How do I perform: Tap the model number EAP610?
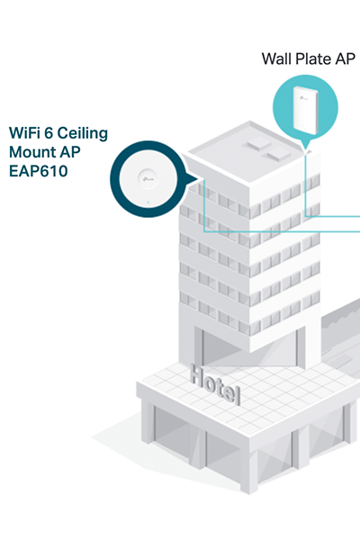38,171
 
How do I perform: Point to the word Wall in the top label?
276,58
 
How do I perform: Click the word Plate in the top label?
311,58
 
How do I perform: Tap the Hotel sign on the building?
215,384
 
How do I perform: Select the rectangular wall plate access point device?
305,110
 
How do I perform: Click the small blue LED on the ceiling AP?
148,202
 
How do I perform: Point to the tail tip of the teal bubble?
305,150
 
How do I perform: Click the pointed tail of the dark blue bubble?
198,178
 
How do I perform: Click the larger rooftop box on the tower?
256,144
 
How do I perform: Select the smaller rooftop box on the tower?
276,156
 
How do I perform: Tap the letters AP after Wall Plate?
342,58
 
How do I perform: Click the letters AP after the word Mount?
70,152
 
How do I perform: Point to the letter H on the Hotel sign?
197,374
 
